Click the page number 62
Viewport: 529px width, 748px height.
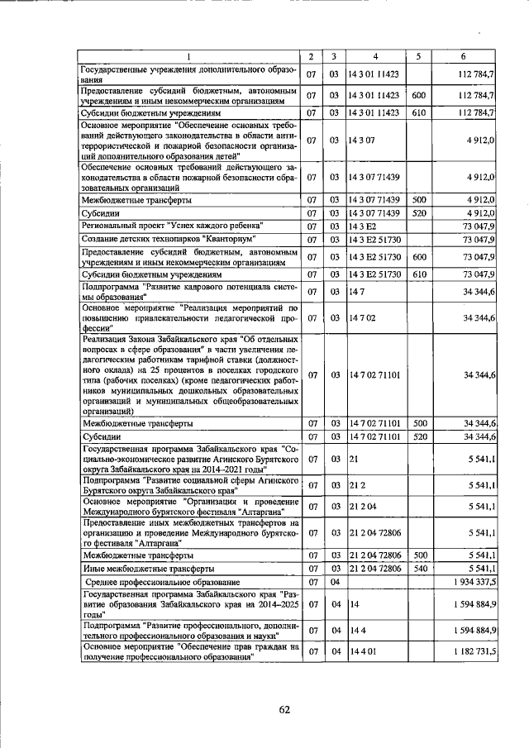point(285,708)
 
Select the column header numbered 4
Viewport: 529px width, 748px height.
point(374,56)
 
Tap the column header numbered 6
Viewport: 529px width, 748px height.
point(465,56)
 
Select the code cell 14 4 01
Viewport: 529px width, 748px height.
point(363,652)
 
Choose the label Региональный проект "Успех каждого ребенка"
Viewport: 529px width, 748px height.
point(173,226)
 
